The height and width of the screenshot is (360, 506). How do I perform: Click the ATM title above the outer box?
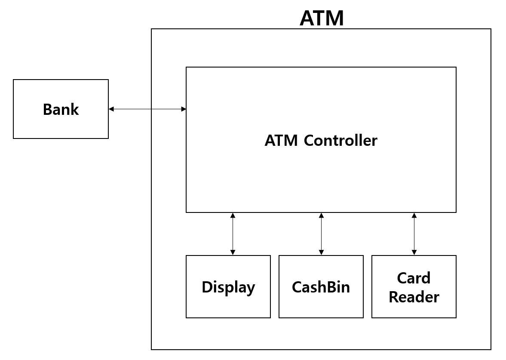pos(322,18)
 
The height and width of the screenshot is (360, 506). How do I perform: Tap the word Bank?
pos(61,110)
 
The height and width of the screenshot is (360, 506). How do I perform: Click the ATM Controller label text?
pos(321,141)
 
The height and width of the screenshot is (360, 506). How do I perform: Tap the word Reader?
pos(414,297)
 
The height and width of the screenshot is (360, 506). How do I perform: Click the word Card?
pos(414,278)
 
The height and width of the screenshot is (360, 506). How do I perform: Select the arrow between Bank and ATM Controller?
pos(147,109)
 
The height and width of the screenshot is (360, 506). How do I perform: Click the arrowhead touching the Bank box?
pos(111,109)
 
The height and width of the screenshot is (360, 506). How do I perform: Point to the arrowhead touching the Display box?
pos(233,253)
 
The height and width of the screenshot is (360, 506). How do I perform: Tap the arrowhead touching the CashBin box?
pos(321,253)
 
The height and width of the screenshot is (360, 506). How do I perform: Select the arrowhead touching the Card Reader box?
pos(414,253)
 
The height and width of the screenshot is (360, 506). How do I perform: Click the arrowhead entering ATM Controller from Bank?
pos(184,109)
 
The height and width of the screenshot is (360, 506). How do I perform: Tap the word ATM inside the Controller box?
pos(282,141)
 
